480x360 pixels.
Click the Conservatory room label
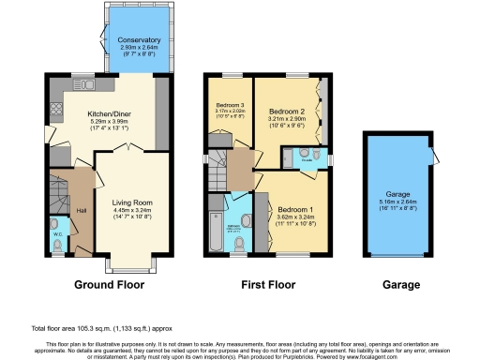coord(139,40)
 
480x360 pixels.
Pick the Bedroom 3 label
coord(230,104)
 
